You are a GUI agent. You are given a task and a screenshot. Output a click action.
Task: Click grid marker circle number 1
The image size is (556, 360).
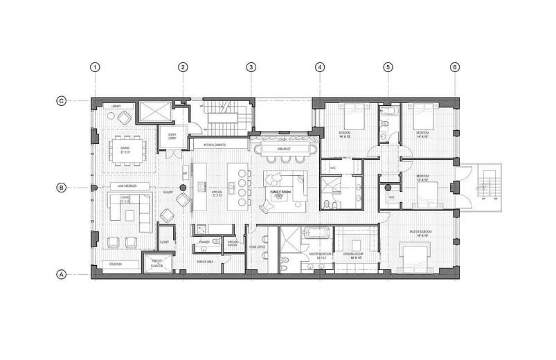pos(96,67)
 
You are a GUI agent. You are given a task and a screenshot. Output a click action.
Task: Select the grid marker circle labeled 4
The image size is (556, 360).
pos(320,67)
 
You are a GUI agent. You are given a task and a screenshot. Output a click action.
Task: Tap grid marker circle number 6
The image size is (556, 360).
pos(454,67)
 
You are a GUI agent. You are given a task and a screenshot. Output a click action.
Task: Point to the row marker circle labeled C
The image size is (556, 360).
pos(61,101)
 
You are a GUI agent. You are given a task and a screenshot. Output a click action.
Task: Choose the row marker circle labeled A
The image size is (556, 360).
pos(61,274)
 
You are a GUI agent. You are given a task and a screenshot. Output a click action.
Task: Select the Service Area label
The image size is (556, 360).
pos(206,262)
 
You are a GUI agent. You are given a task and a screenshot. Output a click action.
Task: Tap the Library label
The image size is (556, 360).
pos(117,106)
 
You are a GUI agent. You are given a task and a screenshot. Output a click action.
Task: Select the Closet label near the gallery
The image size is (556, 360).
pos(164,242)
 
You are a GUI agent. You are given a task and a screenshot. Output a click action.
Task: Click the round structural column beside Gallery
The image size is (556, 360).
pos(183,188)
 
